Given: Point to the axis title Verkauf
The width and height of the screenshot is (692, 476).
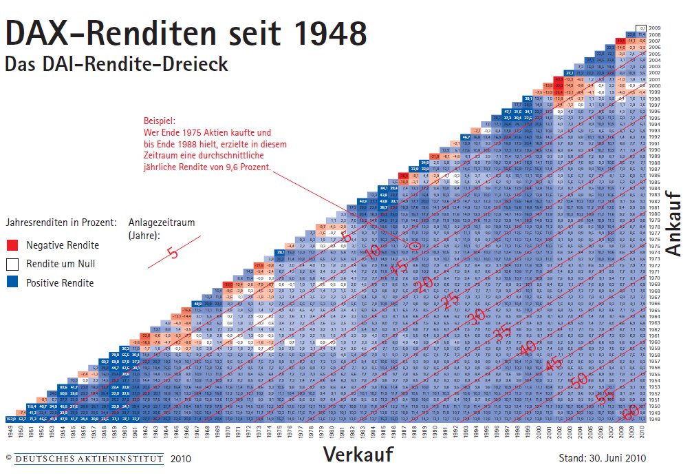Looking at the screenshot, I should click(358, 455).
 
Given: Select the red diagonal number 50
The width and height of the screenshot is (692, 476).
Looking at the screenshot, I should click(579, 380).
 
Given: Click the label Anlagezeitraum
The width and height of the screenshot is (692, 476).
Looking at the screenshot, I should click(162, 223).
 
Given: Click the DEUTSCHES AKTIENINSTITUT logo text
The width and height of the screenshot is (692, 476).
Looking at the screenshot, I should click(89, 457).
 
